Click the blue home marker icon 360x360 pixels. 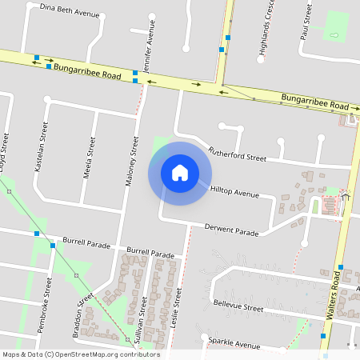point(180,173)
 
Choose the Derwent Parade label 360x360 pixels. point(232,230)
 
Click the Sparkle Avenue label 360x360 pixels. point(234,343)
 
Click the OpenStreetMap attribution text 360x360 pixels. point(82,354)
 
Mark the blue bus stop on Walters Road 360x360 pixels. point(341,267)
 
